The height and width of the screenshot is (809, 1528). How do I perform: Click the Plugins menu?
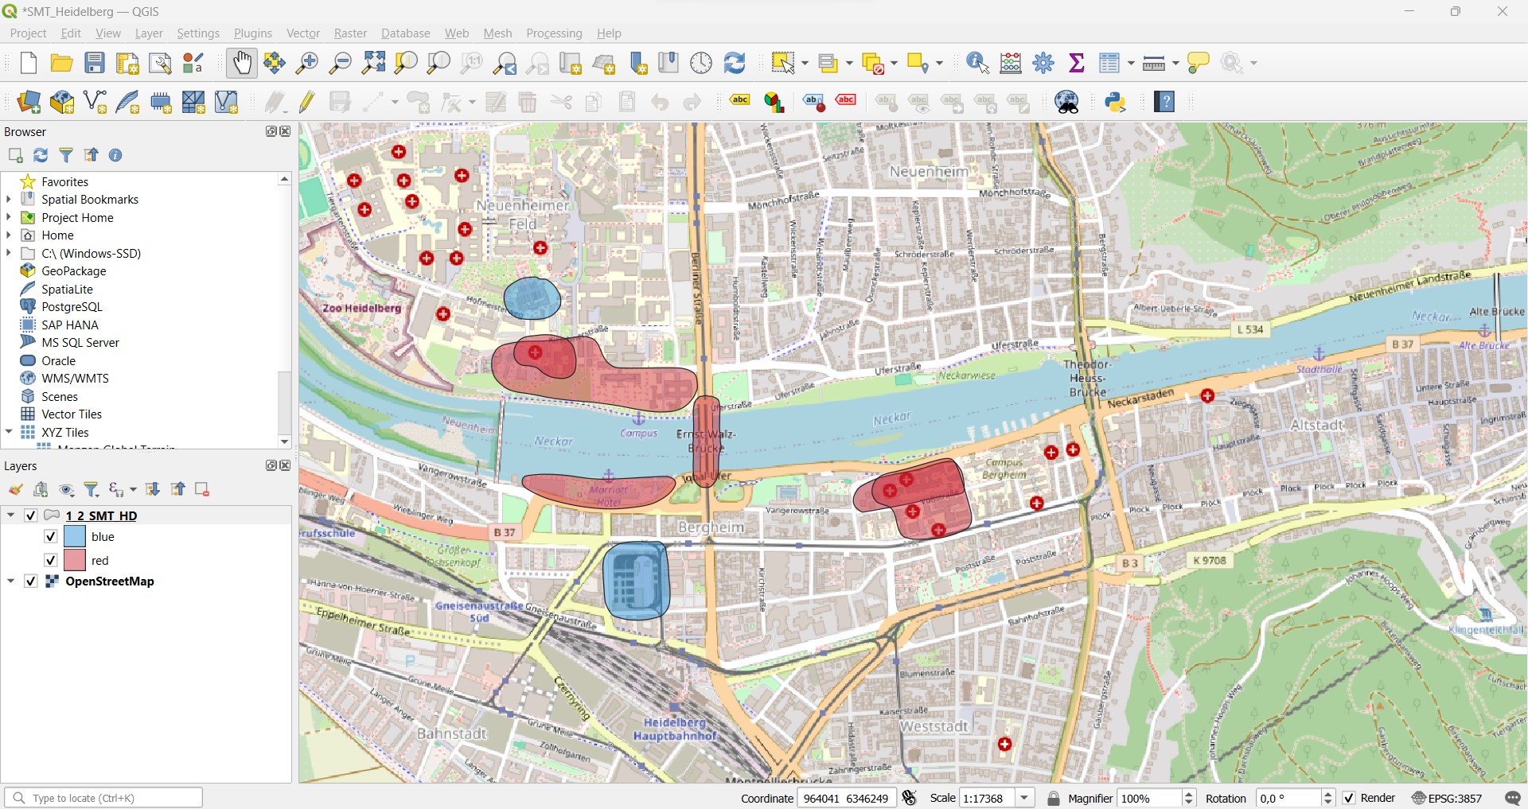click(252, 33)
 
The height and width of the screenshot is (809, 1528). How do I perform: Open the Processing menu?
click(554, 33)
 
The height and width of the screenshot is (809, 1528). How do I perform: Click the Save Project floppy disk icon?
click(95, 63)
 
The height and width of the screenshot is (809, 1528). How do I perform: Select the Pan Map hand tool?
click(242, 63)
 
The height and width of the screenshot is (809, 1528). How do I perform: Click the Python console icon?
click(1116, 102)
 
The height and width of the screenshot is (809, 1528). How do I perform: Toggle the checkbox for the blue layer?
click(50, 536)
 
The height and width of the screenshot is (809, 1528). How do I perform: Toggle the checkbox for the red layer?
click(50, 560)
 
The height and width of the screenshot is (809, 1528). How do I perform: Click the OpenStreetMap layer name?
click(110, 581)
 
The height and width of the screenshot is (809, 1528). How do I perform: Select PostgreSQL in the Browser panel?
click(72, 307)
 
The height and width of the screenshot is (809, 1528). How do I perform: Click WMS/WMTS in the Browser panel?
click(75, 379)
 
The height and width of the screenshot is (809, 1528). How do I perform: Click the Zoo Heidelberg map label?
click(362, 308)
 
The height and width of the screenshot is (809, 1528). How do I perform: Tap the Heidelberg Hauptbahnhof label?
click(675, 729)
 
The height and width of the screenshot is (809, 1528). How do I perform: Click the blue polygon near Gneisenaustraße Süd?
click(636, 581)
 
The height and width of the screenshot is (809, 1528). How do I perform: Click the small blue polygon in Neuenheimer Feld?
click(532, 299)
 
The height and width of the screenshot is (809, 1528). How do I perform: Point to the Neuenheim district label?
click(929, 172)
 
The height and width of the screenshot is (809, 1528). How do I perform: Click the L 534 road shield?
click(1250, 329)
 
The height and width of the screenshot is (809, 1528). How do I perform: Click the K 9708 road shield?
click(1210, 561)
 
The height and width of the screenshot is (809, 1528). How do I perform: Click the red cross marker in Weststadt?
click(1005, 745)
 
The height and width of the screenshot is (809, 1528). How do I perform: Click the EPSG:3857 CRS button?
click(1448, 798)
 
